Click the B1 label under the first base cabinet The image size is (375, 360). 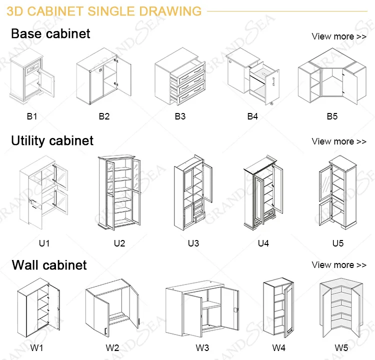pos(32,116)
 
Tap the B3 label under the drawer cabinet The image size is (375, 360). pos(180,116)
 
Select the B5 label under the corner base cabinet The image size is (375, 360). pos(332,116)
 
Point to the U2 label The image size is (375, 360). pos(119,243)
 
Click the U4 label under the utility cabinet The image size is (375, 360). pos(263,243)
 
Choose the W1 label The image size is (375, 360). pos(37,347)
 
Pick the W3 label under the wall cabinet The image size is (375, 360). pos(202,347)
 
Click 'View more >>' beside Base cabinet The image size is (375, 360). pos(339,36)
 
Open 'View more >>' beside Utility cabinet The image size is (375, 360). pos(339,141)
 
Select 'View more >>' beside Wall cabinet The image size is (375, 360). pos(339,265)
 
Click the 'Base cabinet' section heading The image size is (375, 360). pos(50,34)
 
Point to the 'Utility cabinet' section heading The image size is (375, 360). pos(52,140)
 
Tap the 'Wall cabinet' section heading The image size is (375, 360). pos(49,264)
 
